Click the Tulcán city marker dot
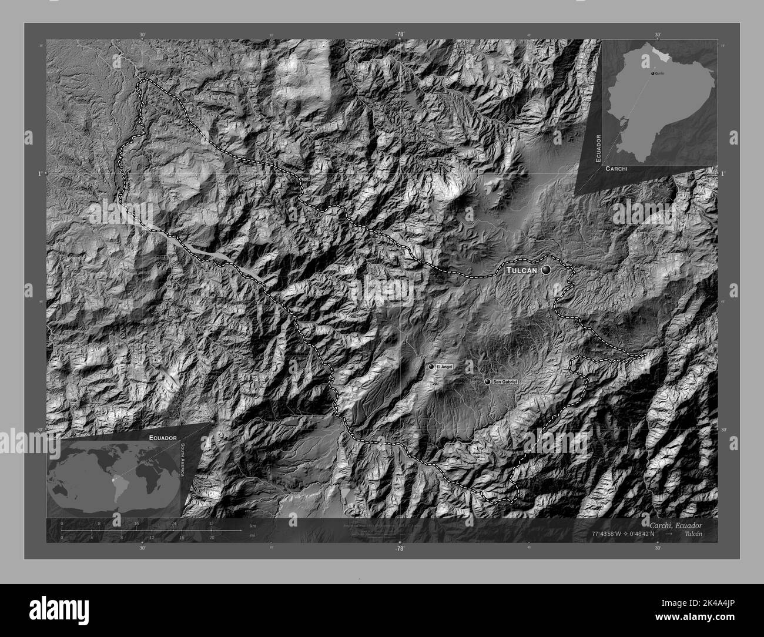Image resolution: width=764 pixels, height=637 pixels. point(547,270)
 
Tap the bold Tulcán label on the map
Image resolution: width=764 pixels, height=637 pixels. point(521,270)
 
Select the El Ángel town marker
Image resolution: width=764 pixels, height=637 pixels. point(431,367)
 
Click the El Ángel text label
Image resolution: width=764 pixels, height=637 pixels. point(444,367)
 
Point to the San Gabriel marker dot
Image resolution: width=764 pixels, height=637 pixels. point(487,382)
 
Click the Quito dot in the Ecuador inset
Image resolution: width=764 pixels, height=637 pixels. point(653,73)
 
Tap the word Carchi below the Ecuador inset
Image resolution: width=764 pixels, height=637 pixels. point(615,169)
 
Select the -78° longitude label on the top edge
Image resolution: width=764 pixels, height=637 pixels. point(400,34)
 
